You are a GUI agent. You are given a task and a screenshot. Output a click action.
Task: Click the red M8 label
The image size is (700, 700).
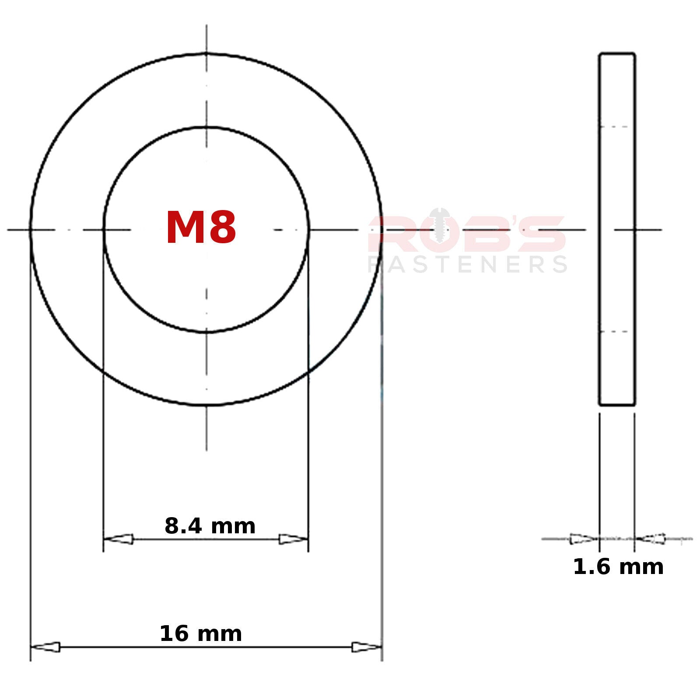[201, 228]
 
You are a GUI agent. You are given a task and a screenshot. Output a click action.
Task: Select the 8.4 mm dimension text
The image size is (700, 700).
[210, 526]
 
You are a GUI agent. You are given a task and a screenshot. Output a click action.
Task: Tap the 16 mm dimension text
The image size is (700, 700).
[201, 634]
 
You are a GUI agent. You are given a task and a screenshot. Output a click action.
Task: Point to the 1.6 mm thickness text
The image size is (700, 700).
[618, 567]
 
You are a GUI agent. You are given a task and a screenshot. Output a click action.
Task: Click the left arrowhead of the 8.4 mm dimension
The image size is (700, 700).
[118, 539]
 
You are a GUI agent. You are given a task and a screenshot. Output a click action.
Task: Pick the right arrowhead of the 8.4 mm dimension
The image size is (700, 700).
[294, 539]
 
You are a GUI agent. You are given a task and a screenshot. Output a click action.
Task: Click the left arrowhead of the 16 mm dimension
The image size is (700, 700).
[45, 647]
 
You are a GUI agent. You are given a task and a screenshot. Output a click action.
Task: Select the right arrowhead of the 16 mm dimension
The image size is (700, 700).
[367, 647]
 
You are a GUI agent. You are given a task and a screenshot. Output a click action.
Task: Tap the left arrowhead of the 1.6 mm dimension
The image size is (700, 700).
[584, 539]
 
